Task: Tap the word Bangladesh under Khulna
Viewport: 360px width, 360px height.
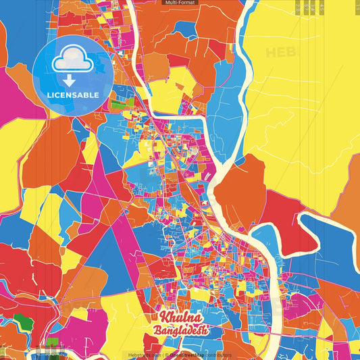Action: (x=180, y=331)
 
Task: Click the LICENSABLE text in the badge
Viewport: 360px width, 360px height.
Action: (x=73, y=95)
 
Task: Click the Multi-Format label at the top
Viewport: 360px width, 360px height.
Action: (x=180, y=3)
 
